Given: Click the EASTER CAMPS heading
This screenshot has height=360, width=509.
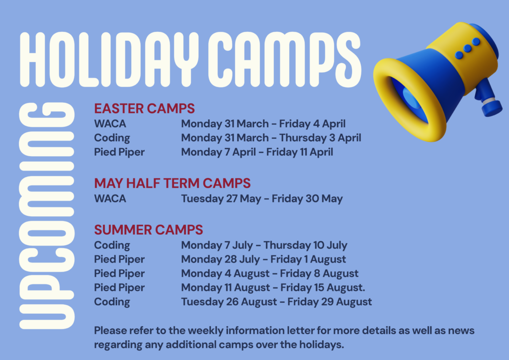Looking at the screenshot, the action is click(145, 108).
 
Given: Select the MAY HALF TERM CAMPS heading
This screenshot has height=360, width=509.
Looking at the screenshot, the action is click(172, 183).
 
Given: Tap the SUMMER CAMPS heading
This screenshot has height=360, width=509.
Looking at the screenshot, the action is click(149, 230).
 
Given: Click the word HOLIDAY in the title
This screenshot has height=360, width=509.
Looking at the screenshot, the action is click(109, 59).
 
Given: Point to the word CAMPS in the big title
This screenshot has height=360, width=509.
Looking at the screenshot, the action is click(284, 59).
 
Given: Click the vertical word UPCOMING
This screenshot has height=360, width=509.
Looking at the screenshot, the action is click(47, 215).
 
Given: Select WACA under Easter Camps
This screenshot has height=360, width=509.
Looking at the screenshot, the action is click(110, 124).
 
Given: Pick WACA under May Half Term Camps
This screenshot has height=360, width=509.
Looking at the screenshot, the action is click(110, 199).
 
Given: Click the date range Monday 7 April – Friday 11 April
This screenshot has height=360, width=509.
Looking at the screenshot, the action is click(257, 152).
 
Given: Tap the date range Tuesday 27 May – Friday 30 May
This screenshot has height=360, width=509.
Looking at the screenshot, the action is click(262, 199).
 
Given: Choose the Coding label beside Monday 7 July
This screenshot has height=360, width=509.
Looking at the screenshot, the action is click(112, 246).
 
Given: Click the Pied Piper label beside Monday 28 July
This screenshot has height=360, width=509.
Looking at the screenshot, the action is click(119, 260).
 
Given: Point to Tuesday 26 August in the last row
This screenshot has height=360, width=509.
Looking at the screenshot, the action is click(229, 302).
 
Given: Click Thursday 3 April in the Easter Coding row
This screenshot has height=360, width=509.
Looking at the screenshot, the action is click(320, 138).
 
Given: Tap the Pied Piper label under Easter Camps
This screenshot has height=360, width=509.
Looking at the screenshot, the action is click(119, 152).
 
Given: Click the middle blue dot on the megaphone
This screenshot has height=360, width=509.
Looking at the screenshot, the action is click(467, 48).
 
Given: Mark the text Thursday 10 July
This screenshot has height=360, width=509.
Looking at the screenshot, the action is click(305, 246).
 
